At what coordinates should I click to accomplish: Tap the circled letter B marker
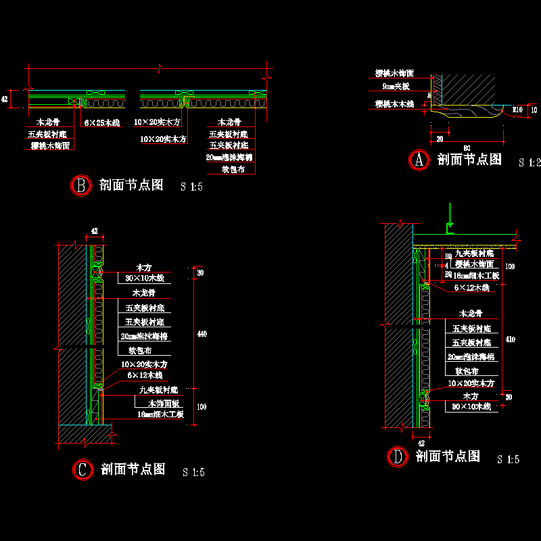coord(80,186)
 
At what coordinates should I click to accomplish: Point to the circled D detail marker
coord(397,457)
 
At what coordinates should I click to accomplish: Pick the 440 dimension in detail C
coord(200,333)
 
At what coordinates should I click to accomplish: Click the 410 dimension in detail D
coord(511,339)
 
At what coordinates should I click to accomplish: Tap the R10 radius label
coord(518,108)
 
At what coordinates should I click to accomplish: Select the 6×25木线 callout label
coord(101,123)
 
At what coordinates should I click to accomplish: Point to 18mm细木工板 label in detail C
coord(160,415)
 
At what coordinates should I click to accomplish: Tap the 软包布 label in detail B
coord(233,169)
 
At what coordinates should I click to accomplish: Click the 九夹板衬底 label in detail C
coord(158,390)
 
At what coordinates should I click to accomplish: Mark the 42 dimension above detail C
coord(95,231)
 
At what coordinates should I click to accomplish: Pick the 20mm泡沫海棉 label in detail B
coord(229,157)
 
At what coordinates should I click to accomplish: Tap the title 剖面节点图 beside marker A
coord(470,160)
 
